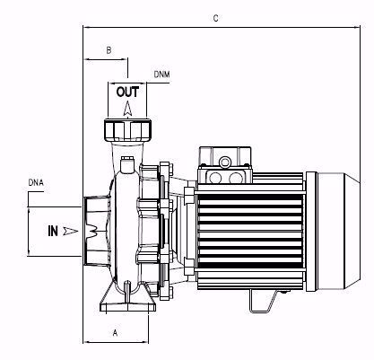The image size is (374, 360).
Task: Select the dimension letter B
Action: [108, 52]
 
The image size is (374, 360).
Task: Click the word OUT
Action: [128, 92]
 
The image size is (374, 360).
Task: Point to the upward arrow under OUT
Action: [128, 108]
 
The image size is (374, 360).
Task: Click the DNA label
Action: [36, 183]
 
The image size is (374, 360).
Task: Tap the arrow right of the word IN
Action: [72, 231]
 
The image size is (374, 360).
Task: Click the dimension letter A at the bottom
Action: [115, 331]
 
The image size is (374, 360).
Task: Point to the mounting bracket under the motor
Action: [260, 306]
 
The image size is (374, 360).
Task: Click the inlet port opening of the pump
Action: [91, 230]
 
